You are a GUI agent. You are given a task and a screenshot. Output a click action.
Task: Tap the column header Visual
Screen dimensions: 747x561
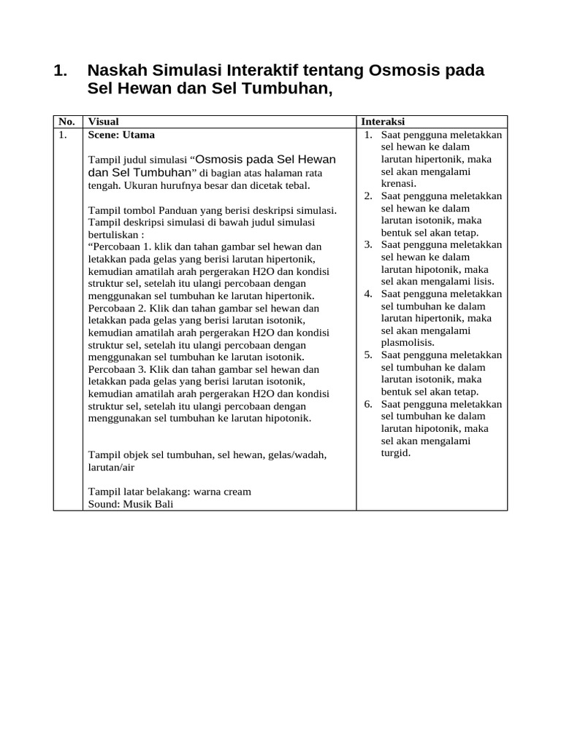coord(103,122)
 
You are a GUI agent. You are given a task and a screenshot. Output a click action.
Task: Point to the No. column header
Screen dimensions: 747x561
coord(66,122)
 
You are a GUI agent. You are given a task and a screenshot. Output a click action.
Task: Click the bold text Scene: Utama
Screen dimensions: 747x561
coord(121,135)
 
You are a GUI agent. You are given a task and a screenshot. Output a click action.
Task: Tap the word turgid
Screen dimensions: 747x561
coord(396,453)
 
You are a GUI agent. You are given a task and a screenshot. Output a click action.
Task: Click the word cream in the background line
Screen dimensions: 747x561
coord(235,491)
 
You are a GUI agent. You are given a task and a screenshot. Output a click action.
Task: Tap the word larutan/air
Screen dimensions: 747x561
coord(111,467)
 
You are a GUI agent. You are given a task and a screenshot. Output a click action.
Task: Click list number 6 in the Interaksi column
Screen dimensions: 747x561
coord(369,404)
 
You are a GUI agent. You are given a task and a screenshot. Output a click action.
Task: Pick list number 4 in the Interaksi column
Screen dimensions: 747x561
coord(369,294)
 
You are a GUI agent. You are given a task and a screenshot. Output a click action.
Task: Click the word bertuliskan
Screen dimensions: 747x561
coord(113,235)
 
